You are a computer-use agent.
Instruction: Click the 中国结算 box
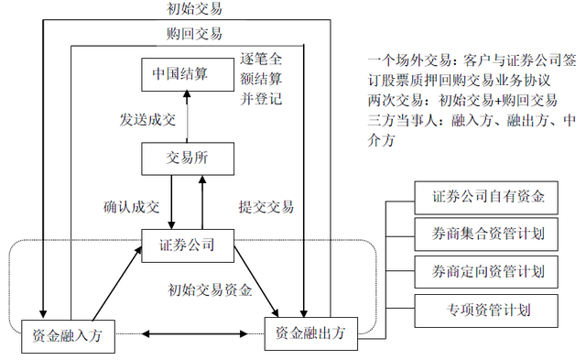pos(182,74)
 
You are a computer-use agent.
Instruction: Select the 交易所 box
pos(187,158)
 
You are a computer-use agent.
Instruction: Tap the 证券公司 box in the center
pos(187,245)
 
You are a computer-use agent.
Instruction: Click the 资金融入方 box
pos(68,335)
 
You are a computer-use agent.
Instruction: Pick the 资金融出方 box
pos(311,333)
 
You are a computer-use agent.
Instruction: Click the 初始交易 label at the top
pos(194,10)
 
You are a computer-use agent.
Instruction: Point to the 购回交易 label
pos(194,34)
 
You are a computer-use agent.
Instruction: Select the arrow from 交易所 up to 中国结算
pos(187,116)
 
